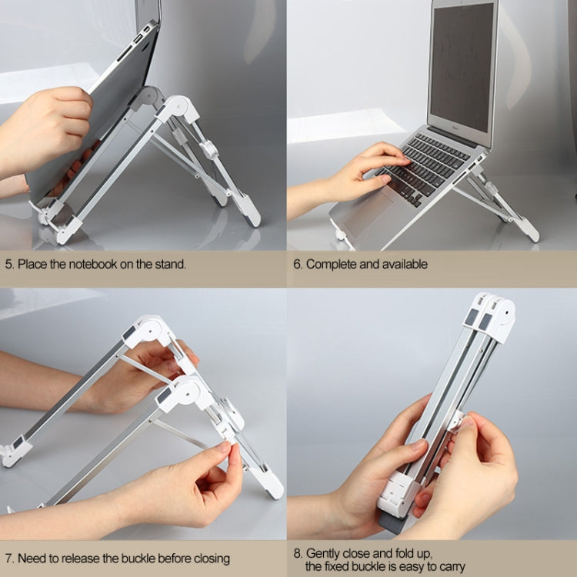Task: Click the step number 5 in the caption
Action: (x=8, y=264)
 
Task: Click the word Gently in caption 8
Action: (x=324, y=553)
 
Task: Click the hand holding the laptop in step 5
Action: (x=50, y=123)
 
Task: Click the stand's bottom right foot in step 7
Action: (x=271, y=486)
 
